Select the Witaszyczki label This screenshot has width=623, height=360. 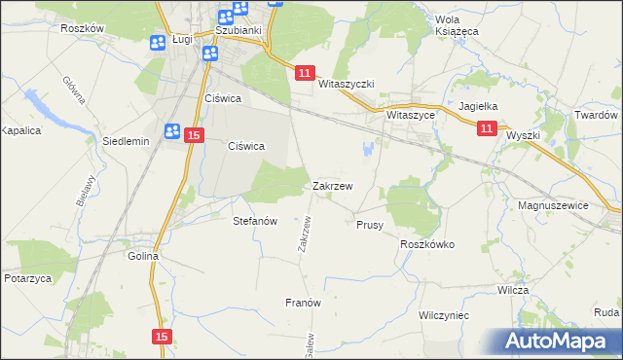pos(347,85)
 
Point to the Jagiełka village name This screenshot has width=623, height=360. pos(478,107)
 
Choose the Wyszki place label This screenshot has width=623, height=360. pos(523,136)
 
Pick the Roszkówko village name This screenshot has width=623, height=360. pos(427,245)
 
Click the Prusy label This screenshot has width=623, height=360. pos(369,225)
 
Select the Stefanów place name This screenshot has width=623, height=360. pos(255,221)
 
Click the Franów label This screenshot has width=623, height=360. pos(303,303)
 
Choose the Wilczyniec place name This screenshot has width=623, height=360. pos(444,316)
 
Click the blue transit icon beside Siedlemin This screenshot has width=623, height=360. pos(172,131)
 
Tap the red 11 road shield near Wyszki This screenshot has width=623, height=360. pos(488,127)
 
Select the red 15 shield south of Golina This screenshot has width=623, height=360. pos(163,336)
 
